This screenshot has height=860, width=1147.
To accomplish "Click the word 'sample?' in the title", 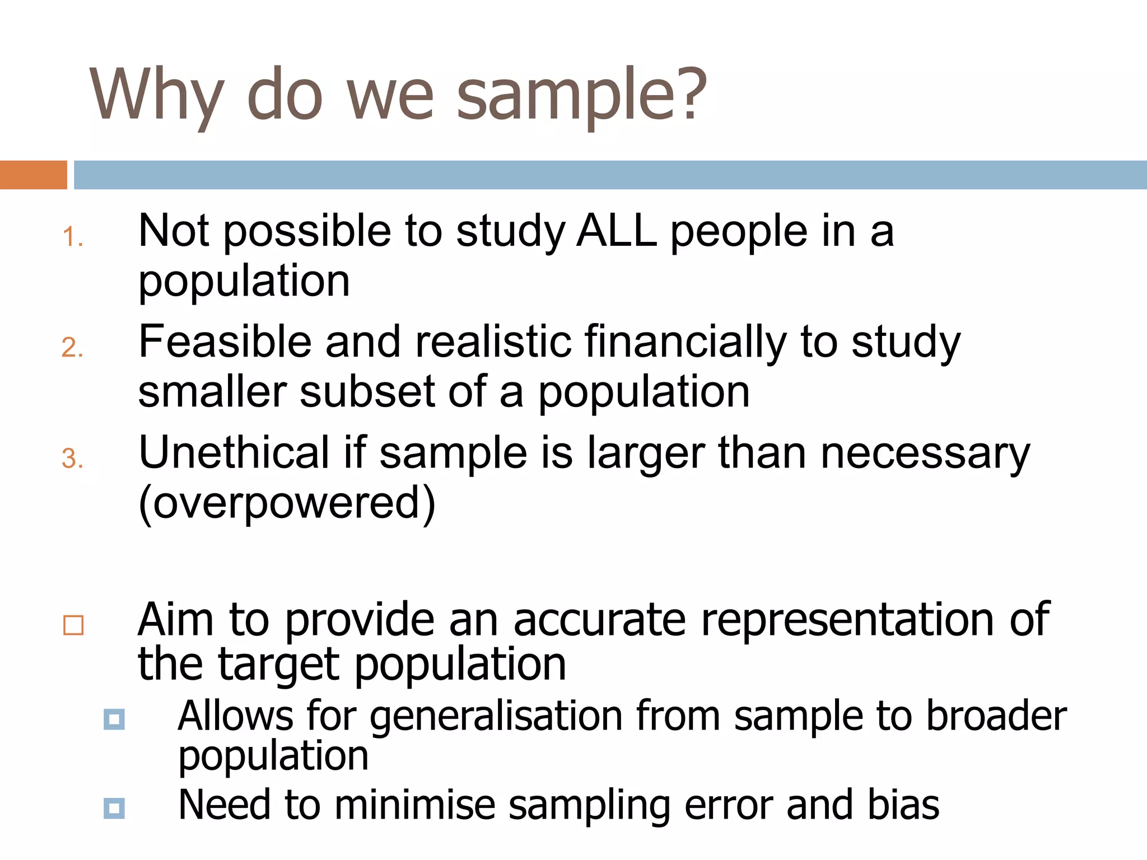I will coord(582,95).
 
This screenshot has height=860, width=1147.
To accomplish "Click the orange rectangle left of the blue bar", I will coord(33,175).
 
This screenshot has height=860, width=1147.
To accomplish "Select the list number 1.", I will coord(72,237).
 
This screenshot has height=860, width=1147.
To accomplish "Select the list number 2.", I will coord(72,348).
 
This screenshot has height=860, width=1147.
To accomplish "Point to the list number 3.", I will coord(72,459).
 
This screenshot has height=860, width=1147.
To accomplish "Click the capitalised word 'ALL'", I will coord(617,231).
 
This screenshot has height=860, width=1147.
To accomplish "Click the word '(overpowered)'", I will coord(287,503).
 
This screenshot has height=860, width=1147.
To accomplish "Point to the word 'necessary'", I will coord(925,454).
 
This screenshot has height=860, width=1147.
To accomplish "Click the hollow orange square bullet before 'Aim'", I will coord(73,625).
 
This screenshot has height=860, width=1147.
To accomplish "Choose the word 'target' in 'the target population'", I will coord(278,665).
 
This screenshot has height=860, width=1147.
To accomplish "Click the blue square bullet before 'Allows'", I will coord(114,719).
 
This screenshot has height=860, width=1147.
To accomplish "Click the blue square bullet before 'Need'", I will coord(114,808).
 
